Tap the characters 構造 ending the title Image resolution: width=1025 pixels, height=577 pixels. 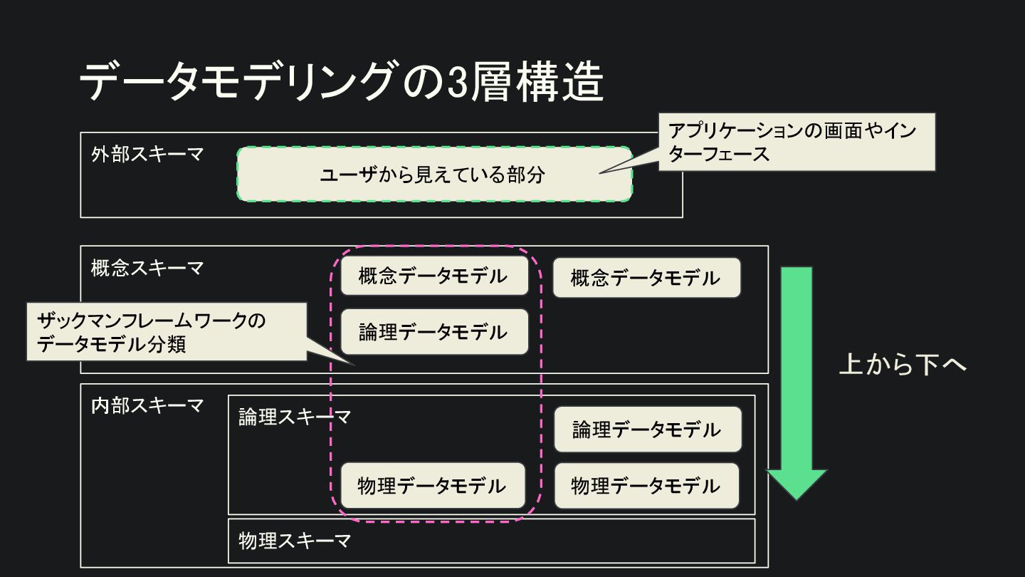pyautogui.click(x=569, y=83)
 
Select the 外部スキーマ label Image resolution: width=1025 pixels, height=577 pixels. pyautogui.click(x=147, y=154)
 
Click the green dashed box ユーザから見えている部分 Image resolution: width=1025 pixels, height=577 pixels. pyautogui.click(x=433, y=175)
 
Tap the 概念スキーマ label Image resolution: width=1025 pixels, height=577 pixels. pyautogui.click(x=147, y=268)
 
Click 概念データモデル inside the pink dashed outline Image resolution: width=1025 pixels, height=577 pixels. pyautogui.click(x=433, y=276)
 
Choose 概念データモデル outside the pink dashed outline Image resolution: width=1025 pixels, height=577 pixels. pyautogui.click(x=646, y=278)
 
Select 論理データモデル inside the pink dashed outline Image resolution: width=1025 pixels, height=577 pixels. pyautogui.click(x=433, y=332)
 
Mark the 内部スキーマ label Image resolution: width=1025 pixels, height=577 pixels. pyautogui.click(x=147, y=405)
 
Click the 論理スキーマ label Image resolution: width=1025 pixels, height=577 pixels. pyautogui.click(x=294, y=417)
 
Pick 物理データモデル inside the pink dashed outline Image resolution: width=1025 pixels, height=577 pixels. pyautogui.click(x=432, y=486)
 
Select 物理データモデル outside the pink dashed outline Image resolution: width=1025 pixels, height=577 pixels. pyautogui.click(x=646, y=486)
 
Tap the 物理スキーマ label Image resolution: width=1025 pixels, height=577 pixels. pyautogui.click(x=294, y=541)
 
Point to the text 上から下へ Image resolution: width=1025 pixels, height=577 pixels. pyautogui.click(x=903, y=364)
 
